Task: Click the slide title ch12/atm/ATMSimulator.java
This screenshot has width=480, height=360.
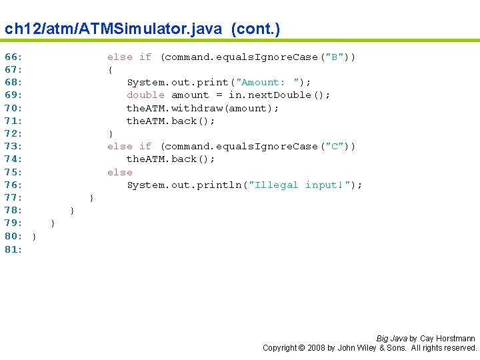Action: coord(142,29)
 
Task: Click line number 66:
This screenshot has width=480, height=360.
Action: coord(13,57)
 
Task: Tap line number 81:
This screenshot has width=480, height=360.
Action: coord(13,249)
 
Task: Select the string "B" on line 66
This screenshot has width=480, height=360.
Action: coord(333,57)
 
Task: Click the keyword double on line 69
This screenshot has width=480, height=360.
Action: coord(145,95)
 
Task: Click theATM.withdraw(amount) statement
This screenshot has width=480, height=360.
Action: coord(203,108)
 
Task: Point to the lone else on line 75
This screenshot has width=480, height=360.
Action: coord(120,172)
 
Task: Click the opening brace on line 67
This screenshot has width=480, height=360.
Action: coord(110,70)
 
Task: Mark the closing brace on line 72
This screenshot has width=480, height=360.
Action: coord(110,133)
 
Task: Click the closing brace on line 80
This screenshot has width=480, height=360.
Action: coord(34,236)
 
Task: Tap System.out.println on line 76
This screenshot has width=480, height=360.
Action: coord(183,185)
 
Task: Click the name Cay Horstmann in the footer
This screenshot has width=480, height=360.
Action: coord(447,339)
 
